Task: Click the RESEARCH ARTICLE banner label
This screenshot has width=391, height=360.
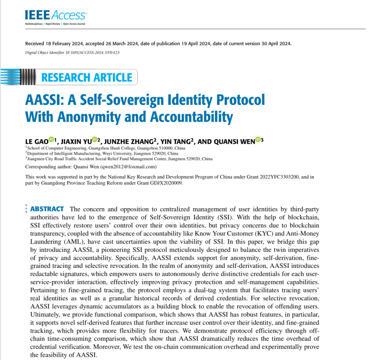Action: coord(87,77)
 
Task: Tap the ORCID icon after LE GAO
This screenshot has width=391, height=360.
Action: coord(51,140)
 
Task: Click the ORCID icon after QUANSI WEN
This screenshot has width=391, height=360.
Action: coord(257,140)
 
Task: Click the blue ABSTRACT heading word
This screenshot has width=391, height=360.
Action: coord(47,209)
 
